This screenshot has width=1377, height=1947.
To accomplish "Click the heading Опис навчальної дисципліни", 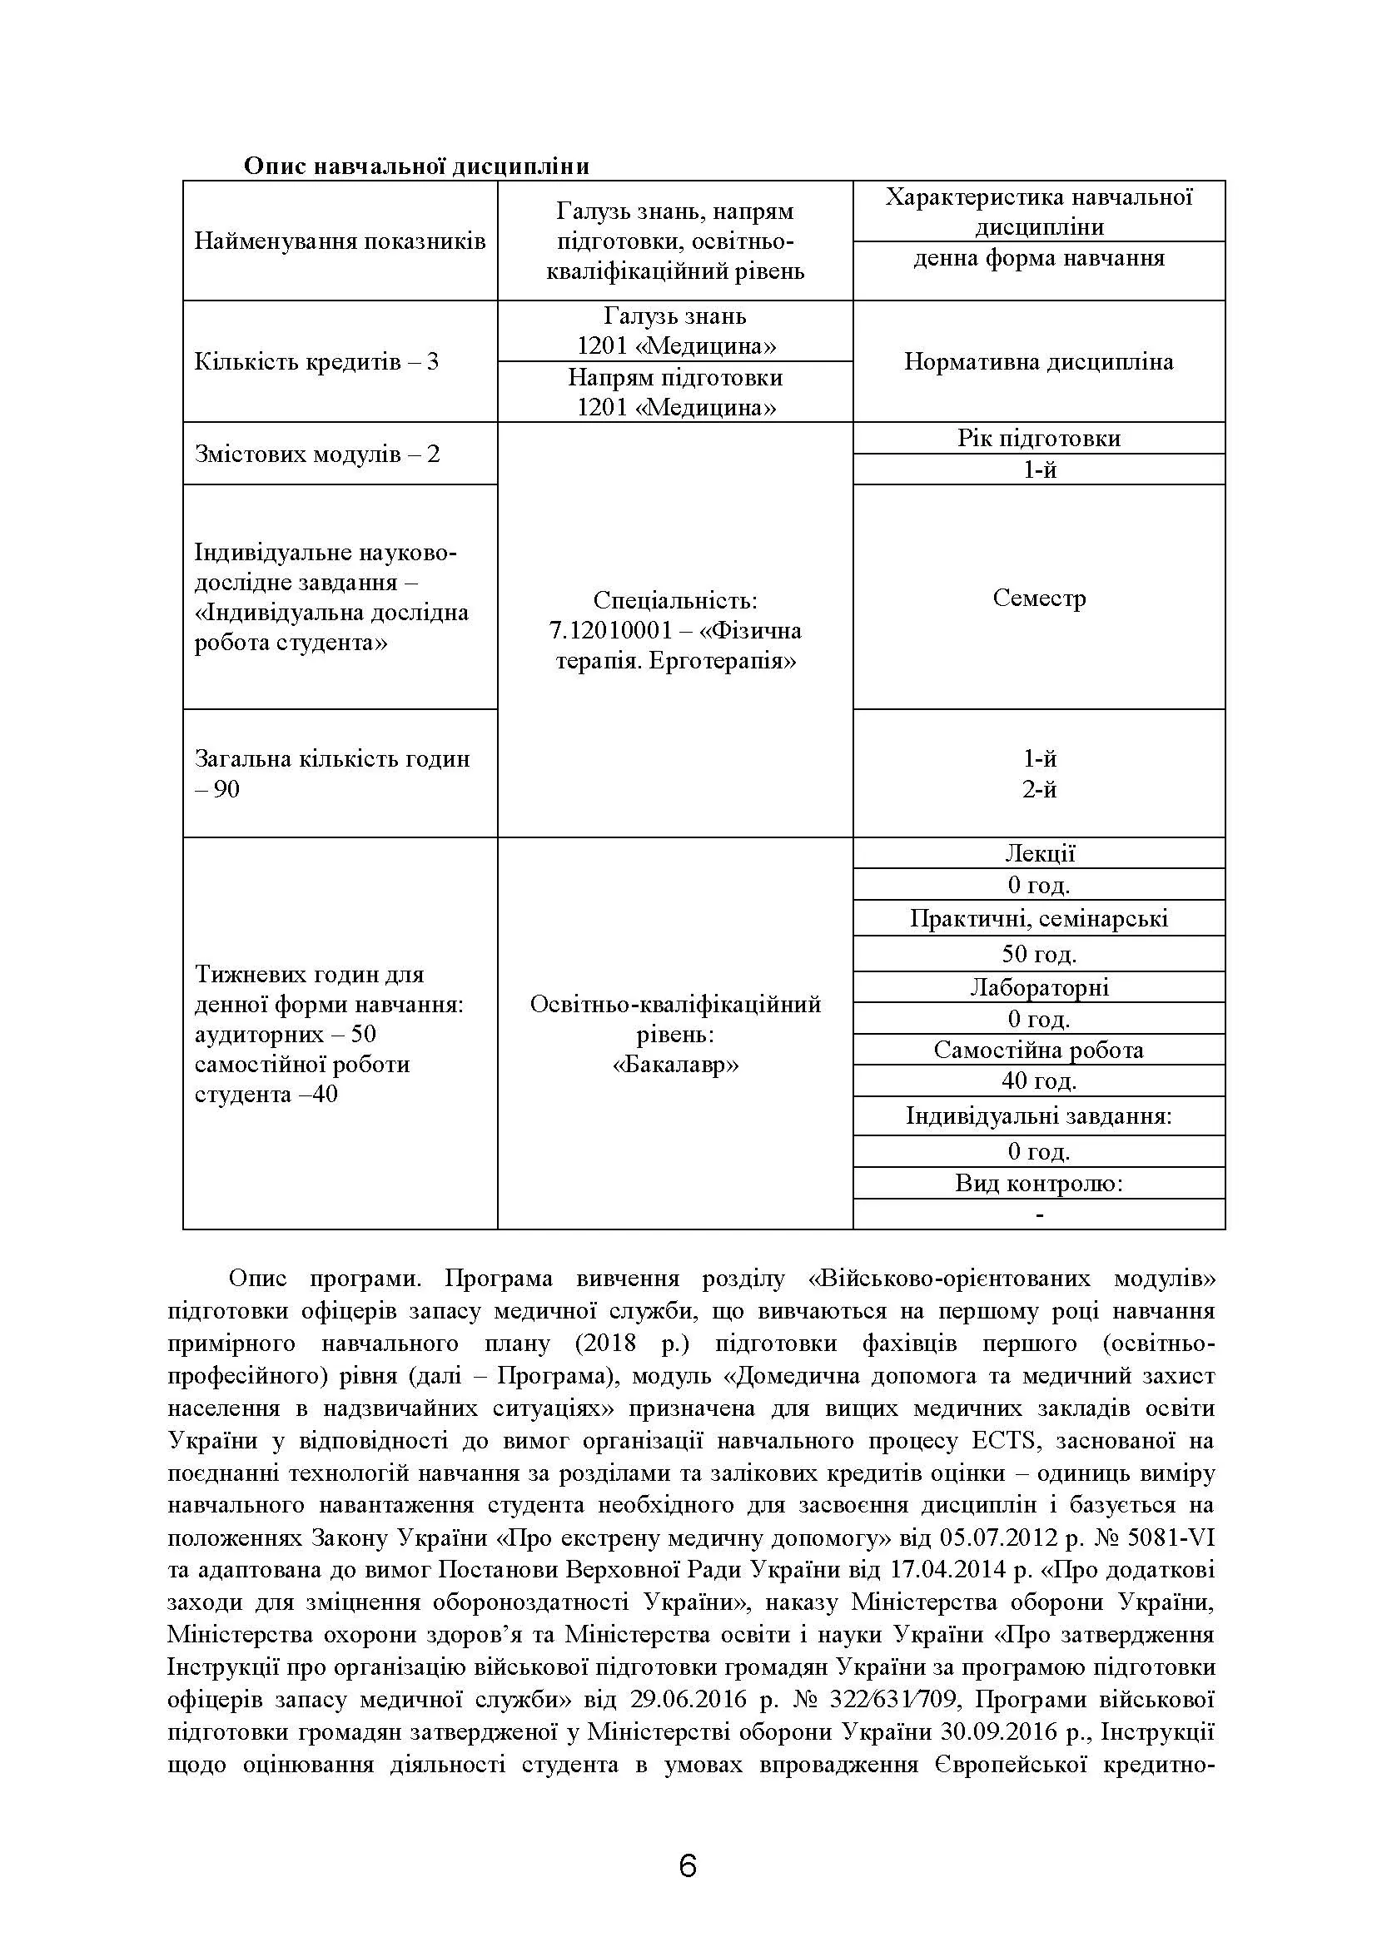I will pyautogui.click(x=416, y=166).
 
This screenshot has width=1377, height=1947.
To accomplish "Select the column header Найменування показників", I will pyautogui.click(x=340, y=241).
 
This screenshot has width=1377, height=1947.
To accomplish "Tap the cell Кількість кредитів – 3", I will pyautogui.click(x=317, y=362).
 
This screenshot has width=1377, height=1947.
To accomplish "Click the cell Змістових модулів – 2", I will pyautogui.click(x=318, y=454).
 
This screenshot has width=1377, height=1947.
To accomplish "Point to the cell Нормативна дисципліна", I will pyautogui.click(x=1039, y=362).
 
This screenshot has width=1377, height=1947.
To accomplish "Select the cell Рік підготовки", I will pyautogui.click(x=1039, y=439).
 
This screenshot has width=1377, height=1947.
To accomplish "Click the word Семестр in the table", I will pyautogui.click(x=1039, y=599).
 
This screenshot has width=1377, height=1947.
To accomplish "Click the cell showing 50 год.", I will pyautogui.click(x=1039, y=954).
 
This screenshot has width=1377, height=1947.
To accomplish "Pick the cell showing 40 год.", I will pyautogui.click(x=1039, y=1080).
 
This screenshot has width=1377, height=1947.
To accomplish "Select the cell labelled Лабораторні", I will pyautogui.click(x=1039, y=987).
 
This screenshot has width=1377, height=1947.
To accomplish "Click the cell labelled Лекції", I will pyautogui.click(x=1039, y=854).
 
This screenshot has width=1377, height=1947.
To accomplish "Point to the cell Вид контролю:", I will pyautogui.click(x=1039, y=1183).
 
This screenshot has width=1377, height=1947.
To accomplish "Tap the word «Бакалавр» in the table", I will pyautogui.click(x=676, y=1065).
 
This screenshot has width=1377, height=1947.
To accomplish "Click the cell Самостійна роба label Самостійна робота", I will pyautogui.click(x=1039, y=1050).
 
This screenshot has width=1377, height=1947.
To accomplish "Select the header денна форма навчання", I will pyautogui.click(x=1039, y=258).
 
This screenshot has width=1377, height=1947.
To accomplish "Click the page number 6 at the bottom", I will pyautogui.click(x=688, y=1866).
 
